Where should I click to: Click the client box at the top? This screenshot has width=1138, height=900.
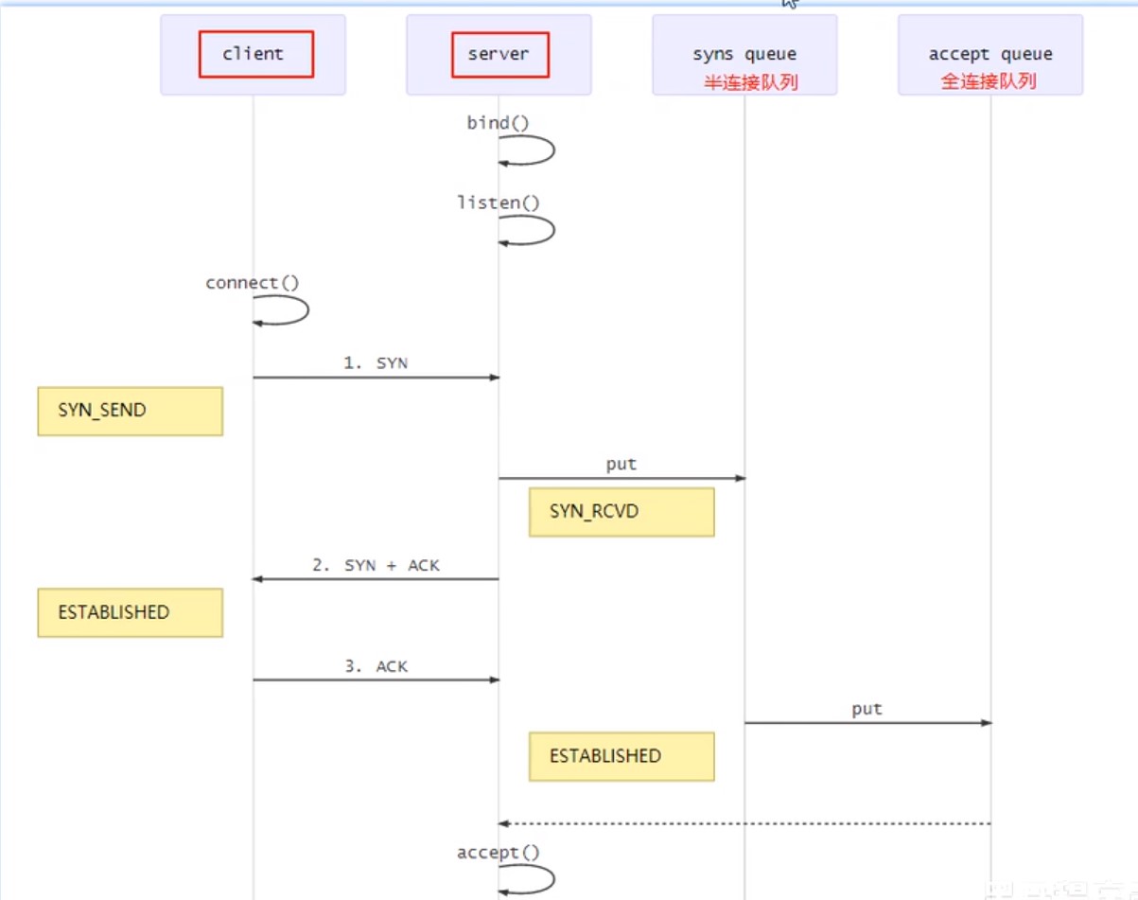click(x=254, y=54)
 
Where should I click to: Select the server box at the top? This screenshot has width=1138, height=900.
click(x=499, y=54)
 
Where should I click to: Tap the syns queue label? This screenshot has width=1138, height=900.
click(x=744, y=55)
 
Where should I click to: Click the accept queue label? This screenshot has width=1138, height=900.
click(x=990, y=55)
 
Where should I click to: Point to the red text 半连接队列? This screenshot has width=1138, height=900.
click(x=750, y=82)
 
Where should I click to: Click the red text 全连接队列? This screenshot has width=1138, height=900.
click(x=989, y=81)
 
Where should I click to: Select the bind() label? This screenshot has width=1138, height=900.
click(x=499, y=123)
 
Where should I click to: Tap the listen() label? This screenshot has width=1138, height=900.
click(x=499, y=203)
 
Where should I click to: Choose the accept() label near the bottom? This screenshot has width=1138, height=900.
click(x=499, y=853)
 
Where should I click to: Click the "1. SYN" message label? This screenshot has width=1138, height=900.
click(x=376, y=362)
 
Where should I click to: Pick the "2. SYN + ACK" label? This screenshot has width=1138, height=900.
click(x=376, y=565)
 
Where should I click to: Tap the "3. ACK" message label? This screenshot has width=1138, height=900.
click(x=376, y=666)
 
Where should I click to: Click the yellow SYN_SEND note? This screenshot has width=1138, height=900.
click(x=130, y=411)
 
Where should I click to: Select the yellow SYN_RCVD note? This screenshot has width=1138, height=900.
click(x=621, y=512)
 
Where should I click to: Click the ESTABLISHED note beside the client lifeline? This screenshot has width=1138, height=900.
click(x=130, y=612)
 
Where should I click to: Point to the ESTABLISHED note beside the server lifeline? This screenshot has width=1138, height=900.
click(x=621, y=756)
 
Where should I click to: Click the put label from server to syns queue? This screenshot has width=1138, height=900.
click(x=622, y=465)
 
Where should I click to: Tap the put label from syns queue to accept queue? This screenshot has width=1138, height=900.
click(x=867, y=709)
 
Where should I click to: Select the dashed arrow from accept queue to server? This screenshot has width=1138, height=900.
click(x=744, y=823)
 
